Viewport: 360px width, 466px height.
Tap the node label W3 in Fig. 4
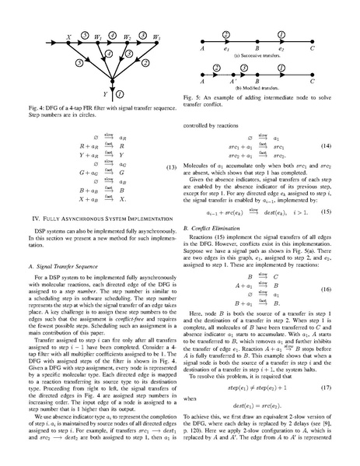pos(156,36)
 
